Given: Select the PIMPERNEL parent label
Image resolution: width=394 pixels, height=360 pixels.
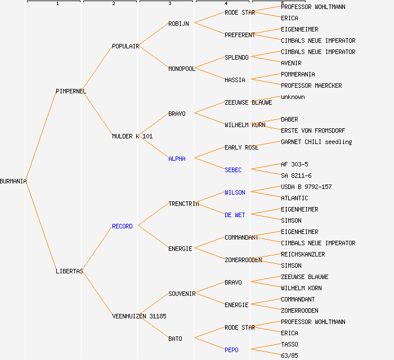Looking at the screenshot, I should (71, 91).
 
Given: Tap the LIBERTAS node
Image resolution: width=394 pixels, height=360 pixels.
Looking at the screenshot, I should (69, 271).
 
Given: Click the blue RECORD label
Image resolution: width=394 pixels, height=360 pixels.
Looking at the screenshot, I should (122, 226).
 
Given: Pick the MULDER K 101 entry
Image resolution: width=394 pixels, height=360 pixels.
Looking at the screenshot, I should (132, 136).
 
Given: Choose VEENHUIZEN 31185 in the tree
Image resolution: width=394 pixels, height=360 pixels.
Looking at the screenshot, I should (139, 316).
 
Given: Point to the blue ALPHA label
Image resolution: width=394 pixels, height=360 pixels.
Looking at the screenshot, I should (177, 159).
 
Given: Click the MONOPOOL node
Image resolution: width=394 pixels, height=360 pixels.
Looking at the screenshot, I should (181, 69).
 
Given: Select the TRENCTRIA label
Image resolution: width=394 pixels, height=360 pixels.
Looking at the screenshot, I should (183, 204).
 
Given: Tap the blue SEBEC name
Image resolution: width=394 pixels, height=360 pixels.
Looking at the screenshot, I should (233, 170).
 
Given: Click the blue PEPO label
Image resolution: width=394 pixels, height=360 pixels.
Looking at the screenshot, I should (231, 350).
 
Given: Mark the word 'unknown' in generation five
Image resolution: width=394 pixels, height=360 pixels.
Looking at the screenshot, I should (293, 97).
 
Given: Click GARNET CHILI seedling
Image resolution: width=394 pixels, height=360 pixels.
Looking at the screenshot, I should (316, 142).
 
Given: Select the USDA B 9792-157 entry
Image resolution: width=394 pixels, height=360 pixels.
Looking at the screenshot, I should (306, 187).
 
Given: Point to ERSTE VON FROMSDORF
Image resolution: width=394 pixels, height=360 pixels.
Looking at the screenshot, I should (313, 130).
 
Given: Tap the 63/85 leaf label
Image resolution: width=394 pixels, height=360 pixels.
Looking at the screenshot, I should (289, 355).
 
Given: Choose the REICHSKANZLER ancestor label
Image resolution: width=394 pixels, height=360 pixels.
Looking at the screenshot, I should (303, 254).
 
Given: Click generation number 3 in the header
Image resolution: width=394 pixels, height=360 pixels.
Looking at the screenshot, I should (169, 4).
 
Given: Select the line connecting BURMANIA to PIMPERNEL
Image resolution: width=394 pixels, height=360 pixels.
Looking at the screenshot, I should (41, 136).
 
